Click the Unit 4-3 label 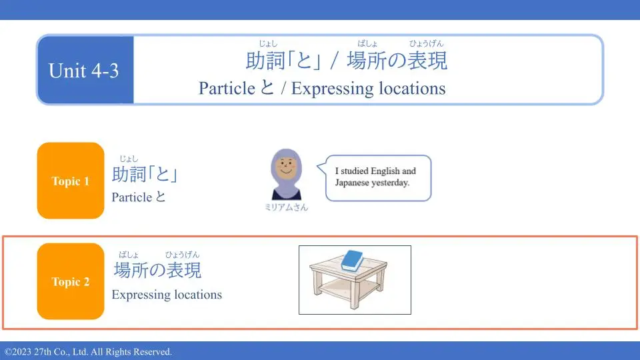pos(83,71)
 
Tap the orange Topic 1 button pos(71,181)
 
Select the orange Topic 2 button pos(71,281)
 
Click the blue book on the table pos(352,261)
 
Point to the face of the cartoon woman pos(286,167)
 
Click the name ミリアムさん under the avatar pos(286,207)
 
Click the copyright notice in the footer pos(89,351)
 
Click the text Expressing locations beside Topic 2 pos(167,294)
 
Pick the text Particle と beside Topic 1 pos(139,197)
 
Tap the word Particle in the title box pos(227,88)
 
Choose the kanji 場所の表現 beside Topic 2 pos(157,270)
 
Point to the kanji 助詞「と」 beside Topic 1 pos(145,174)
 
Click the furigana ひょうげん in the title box pos(426,44)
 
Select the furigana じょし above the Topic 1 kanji pos(129,159)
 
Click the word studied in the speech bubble pos(354,171)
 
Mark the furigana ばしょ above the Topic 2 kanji pos(129,255)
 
